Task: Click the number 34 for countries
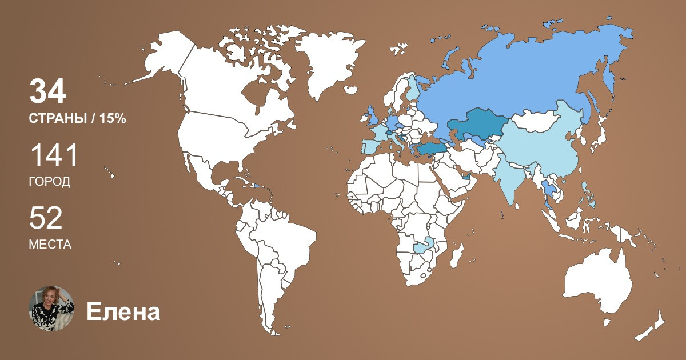click(48, 91)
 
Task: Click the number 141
click(53, 155)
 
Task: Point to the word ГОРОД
click(50, 182)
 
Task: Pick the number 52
click(46, 218)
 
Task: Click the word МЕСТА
click(50, 245)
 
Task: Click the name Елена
click(123, 312)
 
